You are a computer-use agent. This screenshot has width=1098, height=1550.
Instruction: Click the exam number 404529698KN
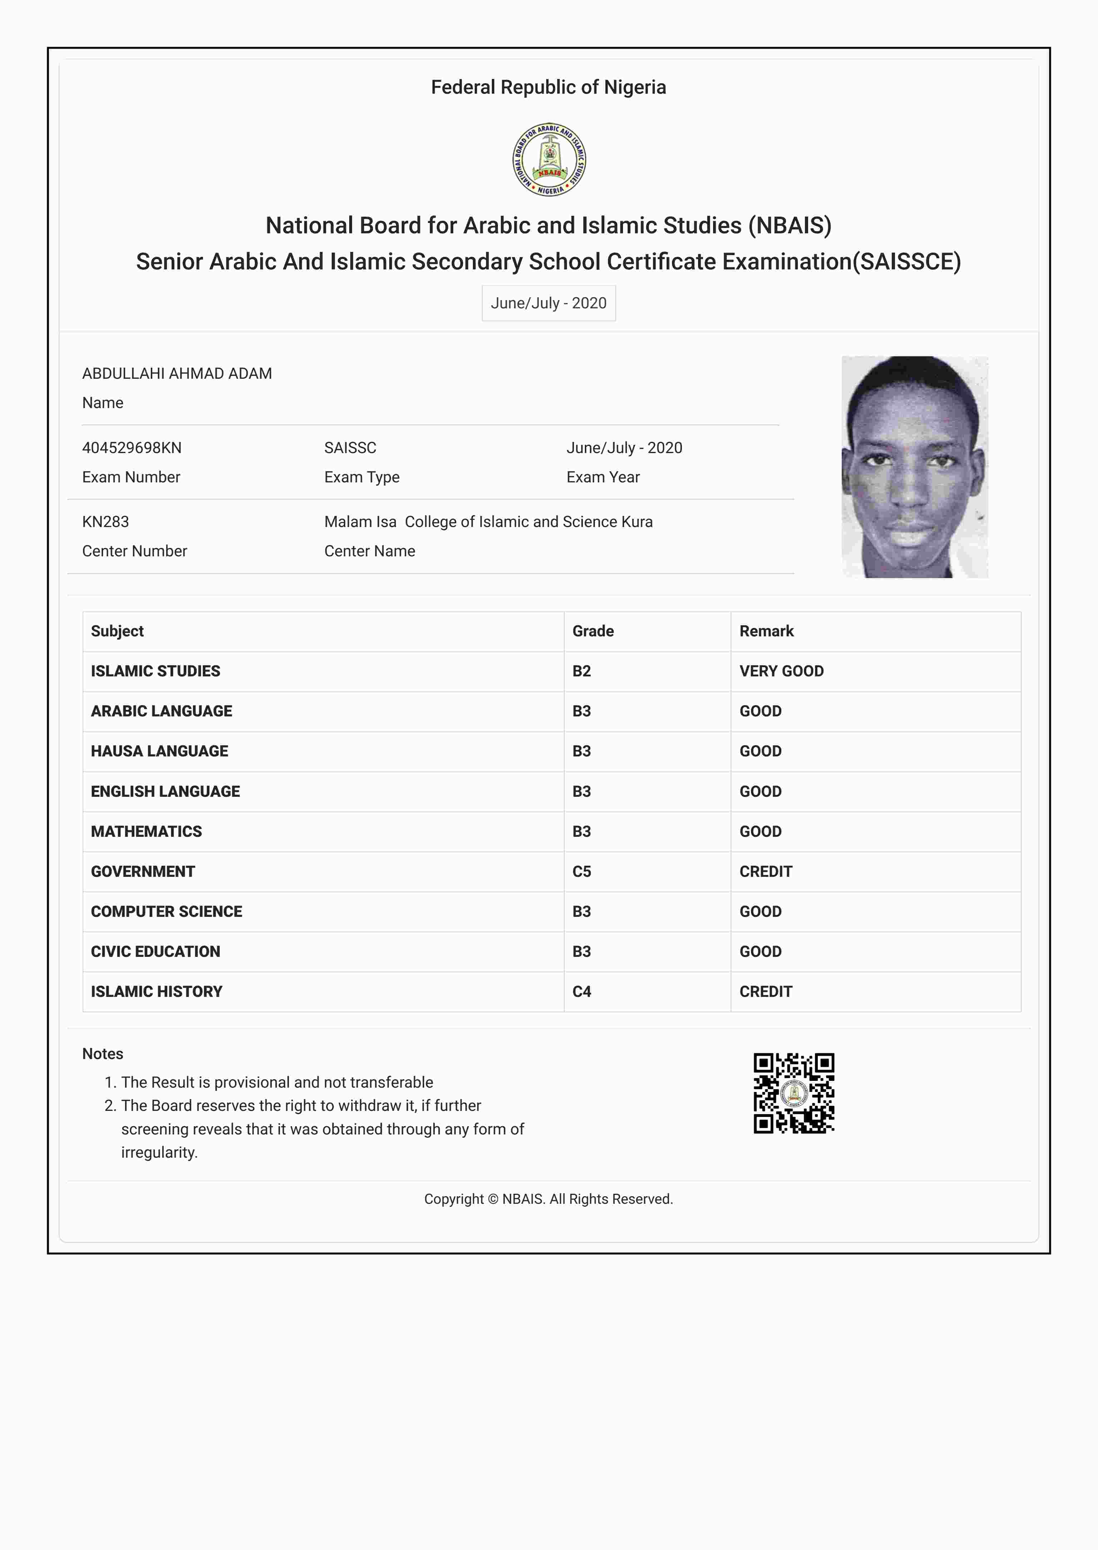[132, 447]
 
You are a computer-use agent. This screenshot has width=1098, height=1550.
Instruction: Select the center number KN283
[105, 522]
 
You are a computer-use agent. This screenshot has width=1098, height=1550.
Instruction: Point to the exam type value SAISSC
[350, 447]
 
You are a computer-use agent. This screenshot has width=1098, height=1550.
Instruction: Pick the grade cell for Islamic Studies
[582, 671]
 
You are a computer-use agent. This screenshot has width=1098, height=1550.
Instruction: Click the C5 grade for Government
[582, 871]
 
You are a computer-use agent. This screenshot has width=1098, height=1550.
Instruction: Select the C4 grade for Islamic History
[582, 992]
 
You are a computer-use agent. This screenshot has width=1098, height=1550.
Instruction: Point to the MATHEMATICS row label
[147, 831]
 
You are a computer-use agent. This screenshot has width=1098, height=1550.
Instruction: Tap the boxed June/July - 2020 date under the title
[548, 303]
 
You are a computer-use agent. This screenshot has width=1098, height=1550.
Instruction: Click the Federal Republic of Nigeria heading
[548, 87]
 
